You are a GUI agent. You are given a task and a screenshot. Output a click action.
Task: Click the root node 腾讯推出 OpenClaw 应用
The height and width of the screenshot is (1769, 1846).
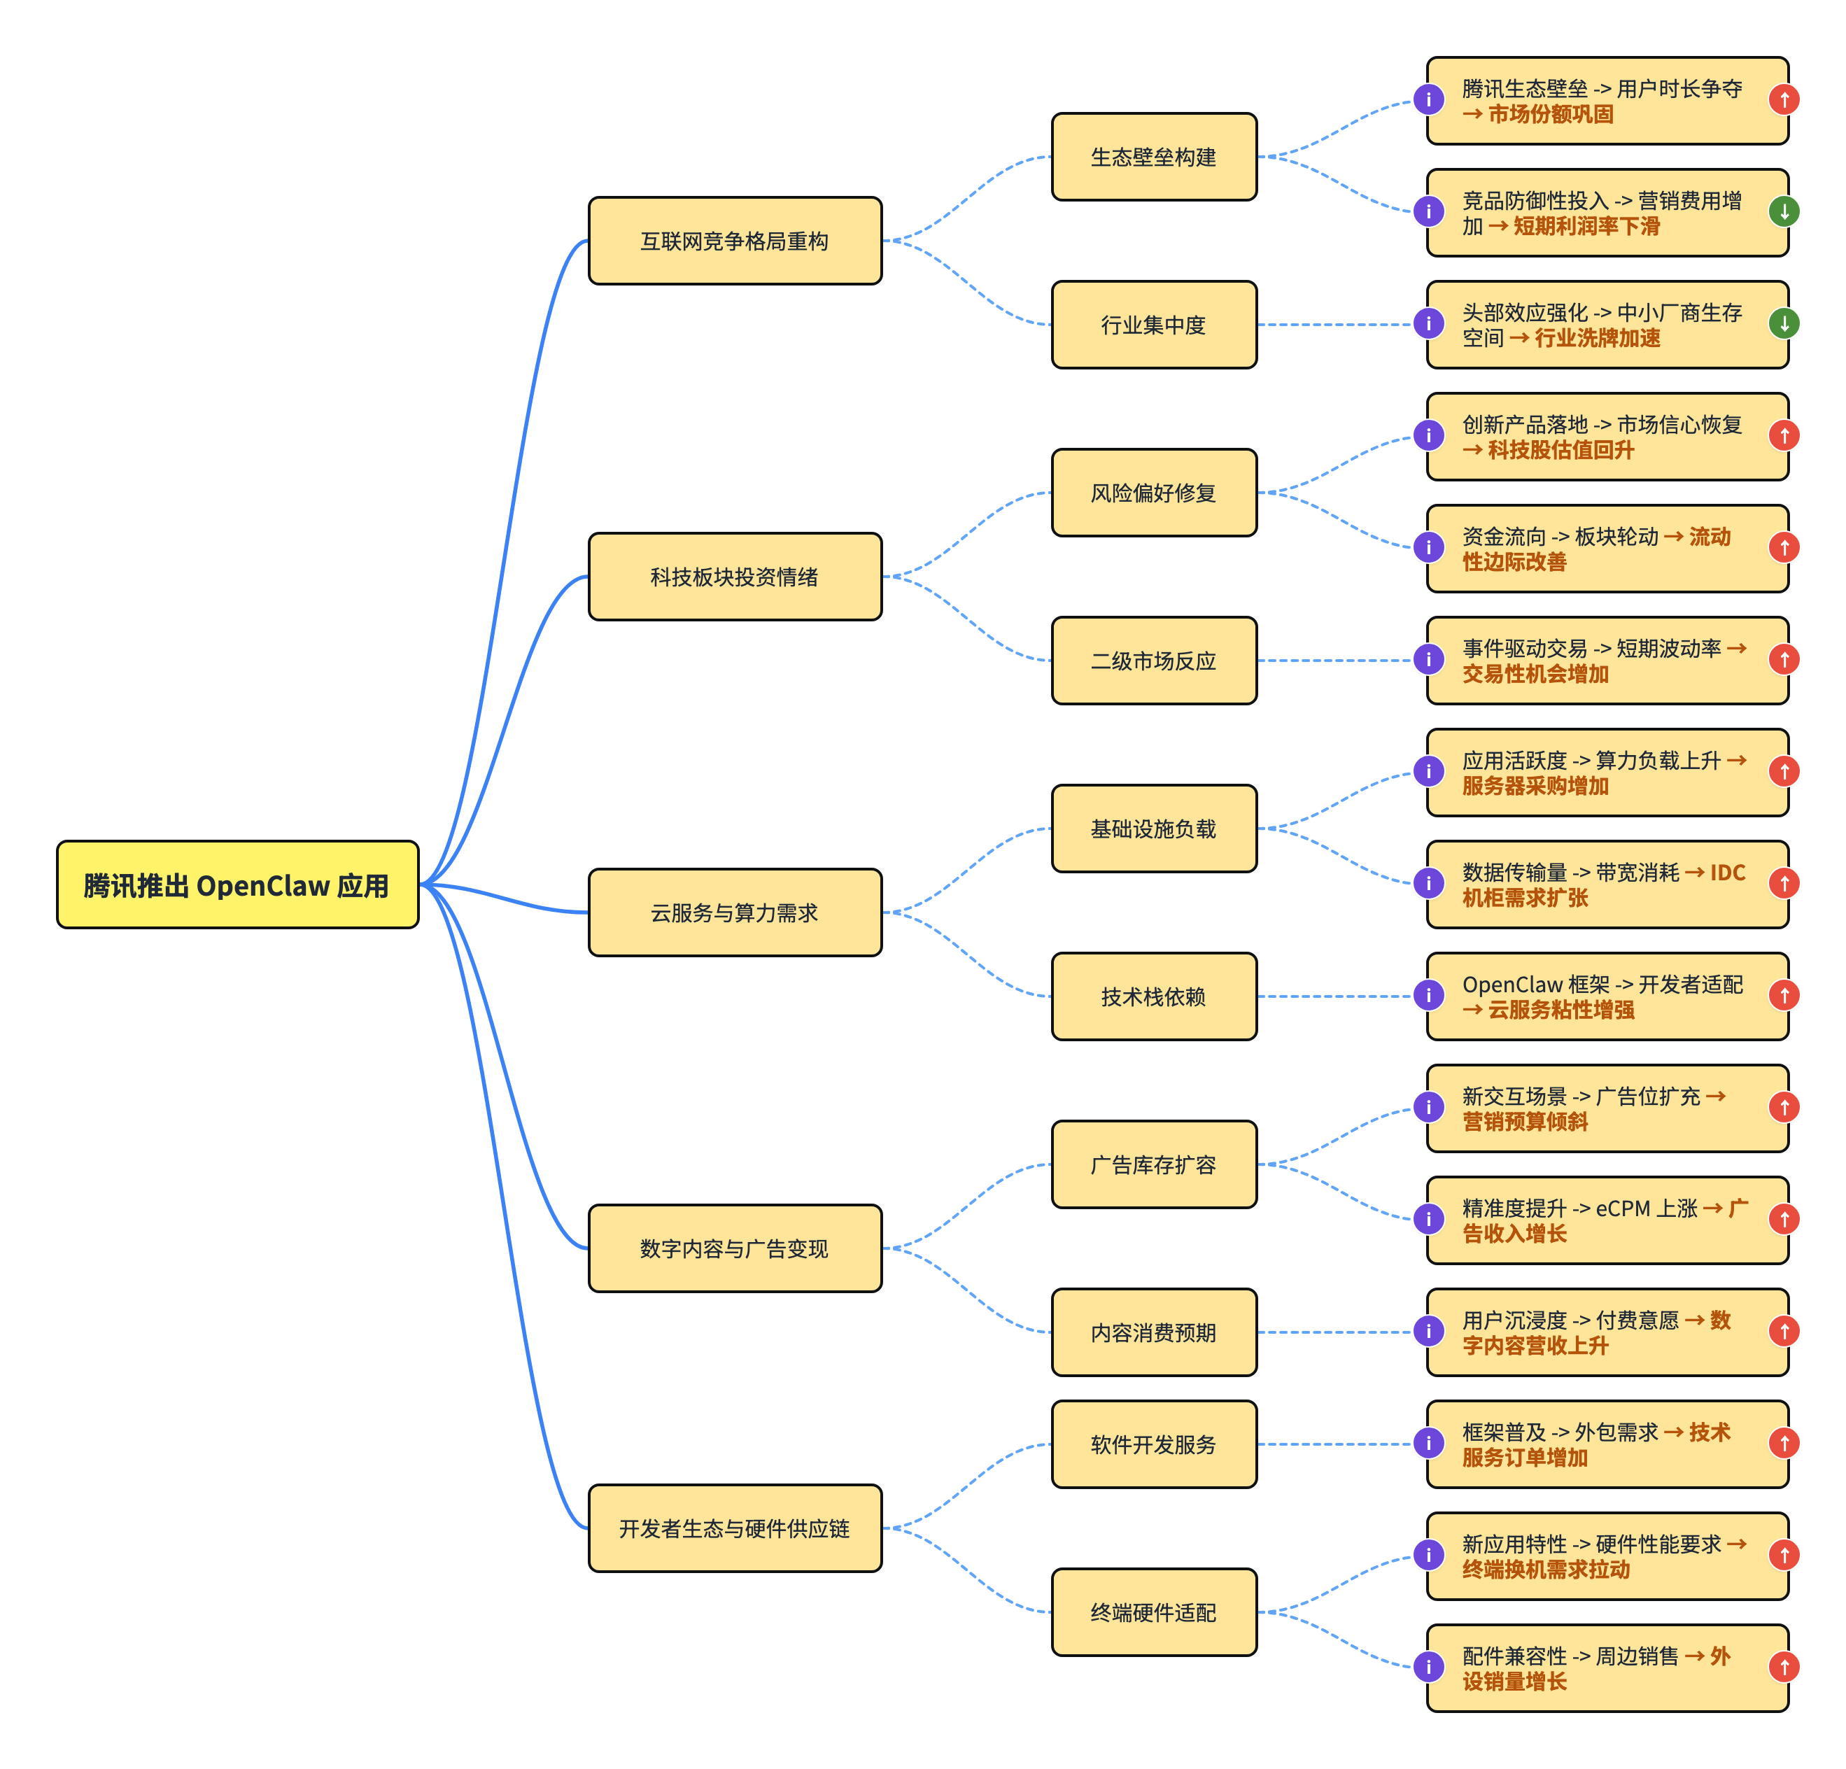(237, 884)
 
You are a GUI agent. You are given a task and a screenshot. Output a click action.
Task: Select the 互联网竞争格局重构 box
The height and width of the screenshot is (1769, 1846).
(735, 241)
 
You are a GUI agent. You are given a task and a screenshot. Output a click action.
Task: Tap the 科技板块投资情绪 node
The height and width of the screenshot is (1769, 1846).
(735, 577)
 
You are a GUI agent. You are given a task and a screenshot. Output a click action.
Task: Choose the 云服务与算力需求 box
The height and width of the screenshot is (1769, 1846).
(735, 912)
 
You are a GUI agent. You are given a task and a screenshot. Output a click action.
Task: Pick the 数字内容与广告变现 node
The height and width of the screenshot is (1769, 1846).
(735, 1248)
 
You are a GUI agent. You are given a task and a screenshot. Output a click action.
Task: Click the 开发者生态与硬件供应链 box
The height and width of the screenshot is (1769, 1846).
(735, 1528)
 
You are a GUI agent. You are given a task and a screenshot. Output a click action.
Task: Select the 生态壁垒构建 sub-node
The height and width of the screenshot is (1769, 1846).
(1154, 157)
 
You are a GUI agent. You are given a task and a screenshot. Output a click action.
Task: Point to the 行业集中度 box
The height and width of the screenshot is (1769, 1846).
(1154, 325)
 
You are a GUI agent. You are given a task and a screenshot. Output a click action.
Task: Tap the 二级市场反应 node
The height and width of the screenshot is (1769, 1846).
(1154, 661)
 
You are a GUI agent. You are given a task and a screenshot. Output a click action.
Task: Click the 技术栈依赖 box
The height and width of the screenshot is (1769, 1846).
(1154, 996)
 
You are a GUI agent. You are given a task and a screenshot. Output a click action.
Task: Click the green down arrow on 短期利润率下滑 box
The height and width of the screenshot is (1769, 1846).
(1784, 212)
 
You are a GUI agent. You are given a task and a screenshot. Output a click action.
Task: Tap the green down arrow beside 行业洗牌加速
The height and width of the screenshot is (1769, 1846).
(1784, 324)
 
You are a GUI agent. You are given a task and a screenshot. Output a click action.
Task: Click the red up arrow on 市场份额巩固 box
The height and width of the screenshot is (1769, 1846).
(1784, 100)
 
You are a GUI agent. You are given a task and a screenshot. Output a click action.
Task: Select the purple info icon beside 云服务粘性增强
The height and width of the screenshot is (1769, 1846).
(1429, 996)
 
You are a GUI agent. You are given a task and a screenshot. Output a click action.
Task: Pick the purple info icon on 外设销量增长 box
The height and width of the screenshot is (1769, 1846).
(1429, 1668)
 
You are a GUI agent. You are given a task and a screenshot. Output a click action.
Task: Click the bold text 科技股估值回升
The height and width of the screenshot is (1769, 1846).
(1560, 450)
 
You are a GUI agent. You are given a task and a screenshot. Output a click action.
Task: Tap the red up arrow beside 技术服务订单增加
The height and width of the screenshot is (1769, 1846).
(1784, 1443)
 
